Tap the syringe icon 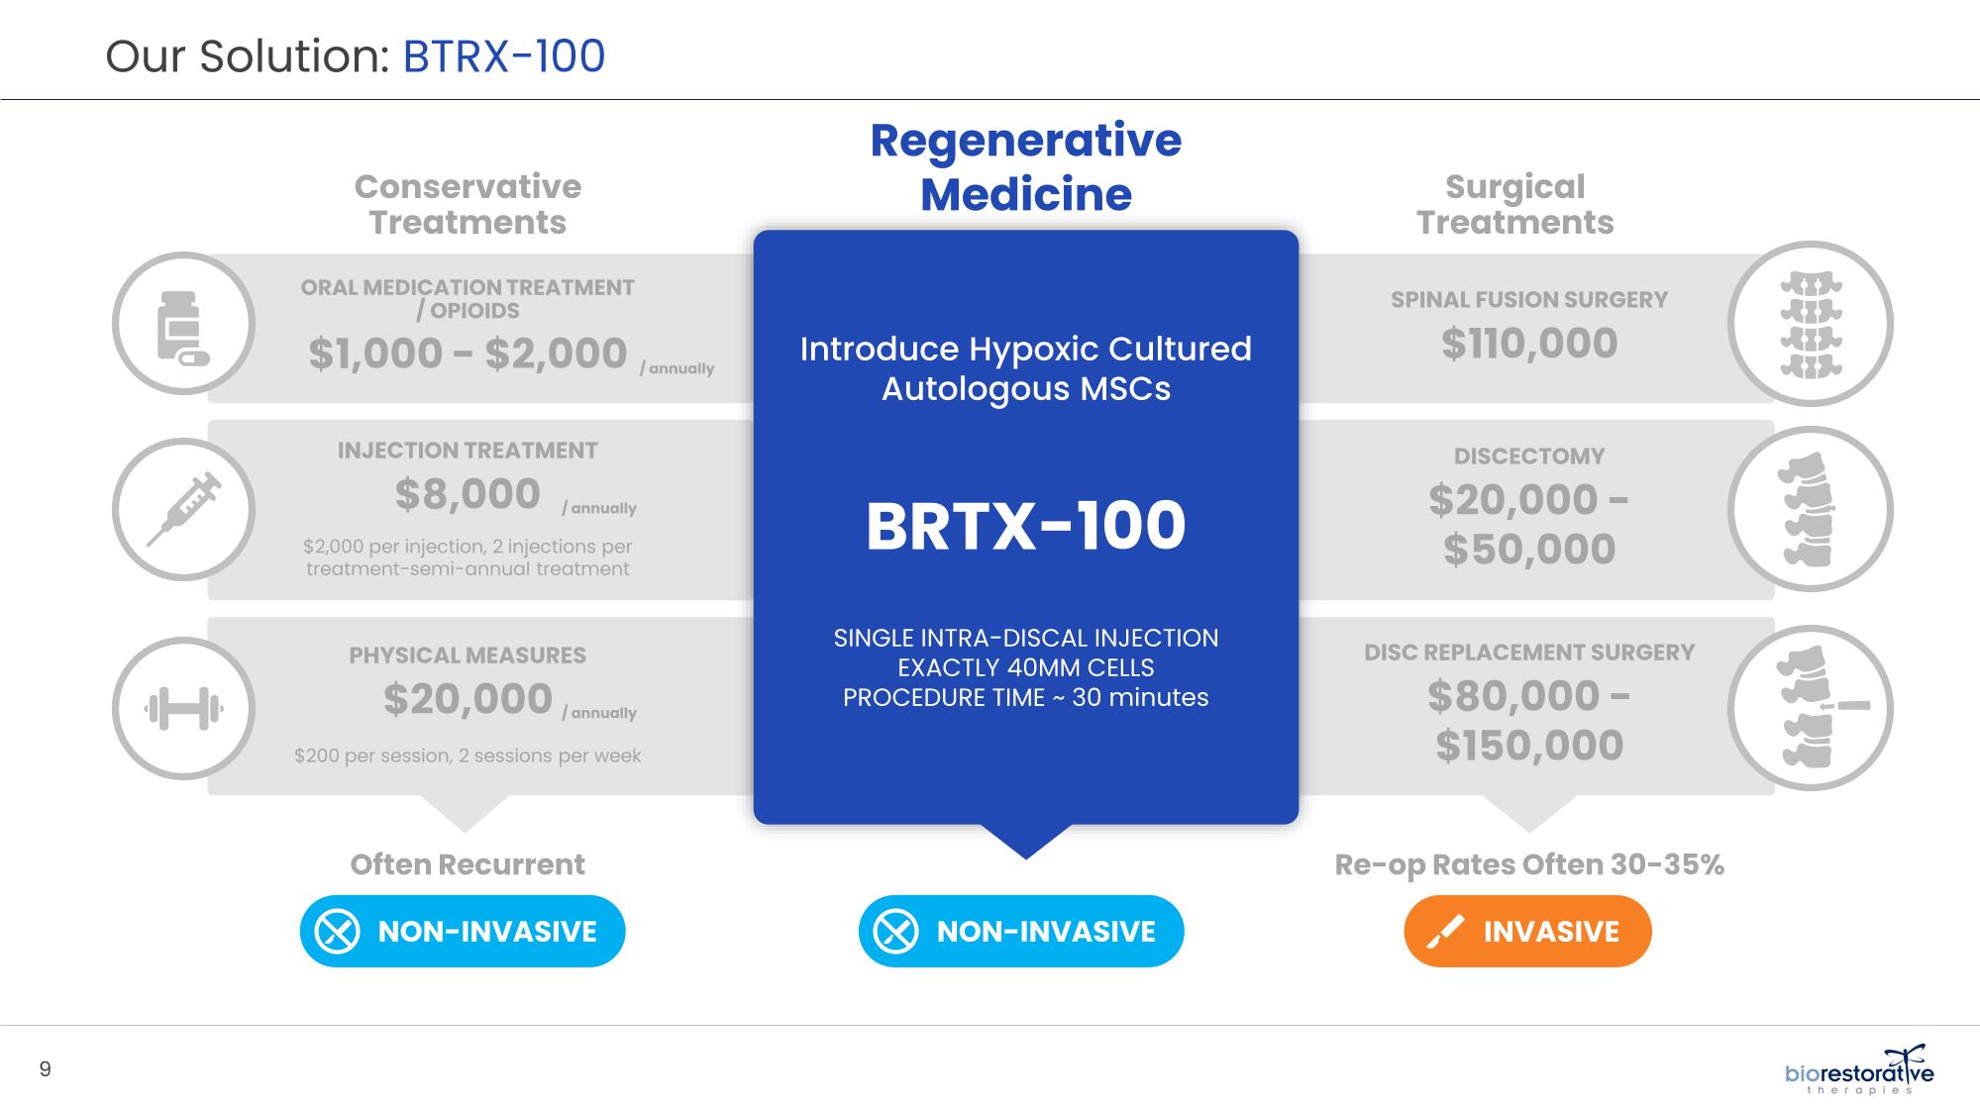tap(184, 509)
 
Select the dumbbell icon tap(183, 709)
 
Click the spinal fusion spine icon tap(1810, 325)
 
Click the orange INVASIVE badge tap(1527, 931)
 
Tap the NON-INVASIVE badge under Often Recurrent tap(463, 931)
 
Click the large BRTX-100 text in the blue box tap(1025, 526)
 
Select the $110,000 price tap(1529, 344)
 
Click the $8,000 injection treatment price tap(468, 494)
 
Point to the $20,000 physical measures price tap(468, 699)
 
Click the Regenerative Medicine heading tap(1026, 166)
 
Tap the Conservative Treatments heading tap(468, 204)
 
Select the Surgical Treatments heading tap(1514, 204)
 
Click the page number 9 tap(45, 1068)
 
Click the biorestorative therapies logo tap(1859, 1069)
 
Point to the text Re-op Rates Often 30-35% tap(1529, 864)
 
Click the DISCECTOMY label tap(1529, 456)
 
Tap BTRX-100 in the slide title tap(504, 56)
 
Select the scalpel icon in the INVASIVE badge tap(1446, 932)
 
